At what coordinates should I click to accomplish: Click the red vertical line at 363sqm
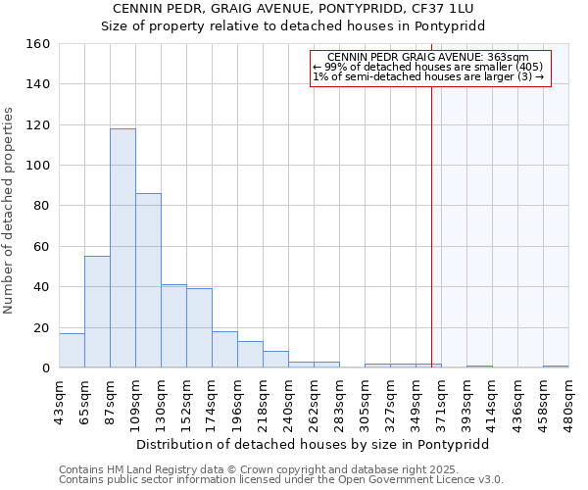[x=431, y=225]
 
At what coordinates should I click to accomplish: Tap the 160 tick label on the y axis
[x=37, y=44]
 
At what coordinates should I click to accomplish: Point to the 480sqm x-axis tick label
[x=568, y=401]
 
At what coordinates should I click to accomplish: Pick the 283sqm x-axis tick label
[x=339, y=401]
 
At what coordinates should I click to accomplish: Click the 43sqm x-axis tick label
[x=59, y=401]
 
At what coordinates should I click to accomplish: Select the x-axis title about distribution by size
[x=312, y=445]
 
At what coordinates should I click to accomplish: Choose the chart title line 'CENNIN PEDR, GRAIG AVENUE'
[x=293, y=9]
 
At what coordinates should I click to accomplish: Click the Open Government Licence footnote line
[x=280, y=479]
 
